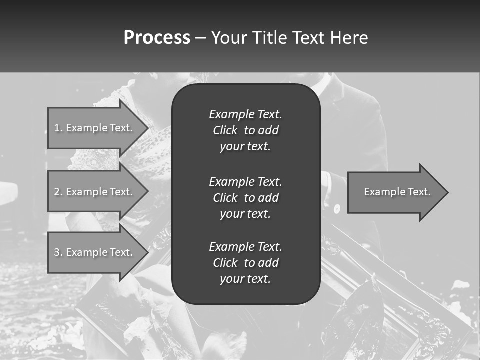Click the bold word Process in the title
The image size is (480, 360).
(x=157, y=38)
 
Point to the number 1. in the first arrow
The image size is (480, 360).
(x=58, y=128)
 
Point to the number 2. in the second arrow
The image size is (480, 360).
(x=58, y=192)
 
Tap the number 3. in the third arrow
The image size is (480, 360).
(x=58, y=252)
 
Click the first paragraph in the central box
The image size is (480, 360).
(x=245, y=130)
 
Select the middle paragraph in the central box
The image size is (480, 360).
(x=245, y=198)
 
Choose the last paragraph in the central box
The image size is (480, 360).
(x=245, y=263)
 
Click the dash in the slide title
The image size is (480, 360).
(x=200, y=38)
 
